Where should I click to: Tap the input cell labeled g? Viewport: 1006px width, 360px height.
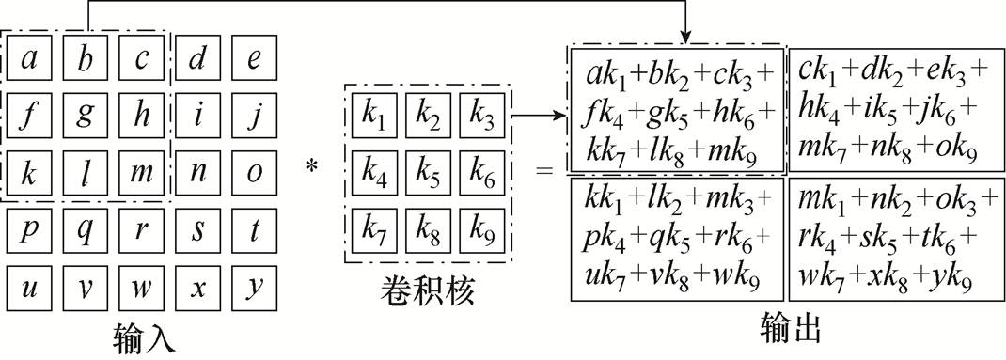[x=86, y=116]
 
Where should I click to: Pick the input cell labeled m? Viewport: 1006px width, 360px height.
[x=142, y=173]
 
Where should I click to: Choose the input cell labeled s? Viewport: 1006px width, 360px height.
[x=198, y=230]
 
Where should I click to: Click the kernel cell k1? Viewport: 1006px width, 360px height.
[x=373, y=116]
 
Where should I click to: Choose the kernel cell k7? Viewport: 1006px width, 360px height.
[x=373, y=228]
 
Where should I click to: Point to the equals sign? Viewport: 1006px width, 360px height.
[x=543, y=173]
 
